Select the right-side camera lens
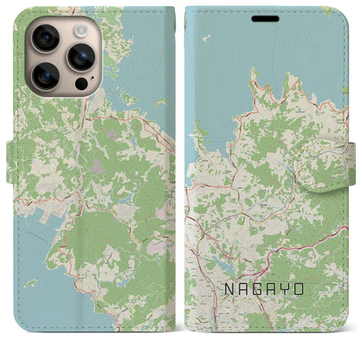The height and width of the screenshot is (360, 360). [x=82, y=56]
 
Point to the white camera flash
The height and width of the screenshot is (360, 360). [x=82, y=29]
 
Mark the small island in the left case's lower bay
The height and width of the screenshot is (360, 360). [x=30, y=282]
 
